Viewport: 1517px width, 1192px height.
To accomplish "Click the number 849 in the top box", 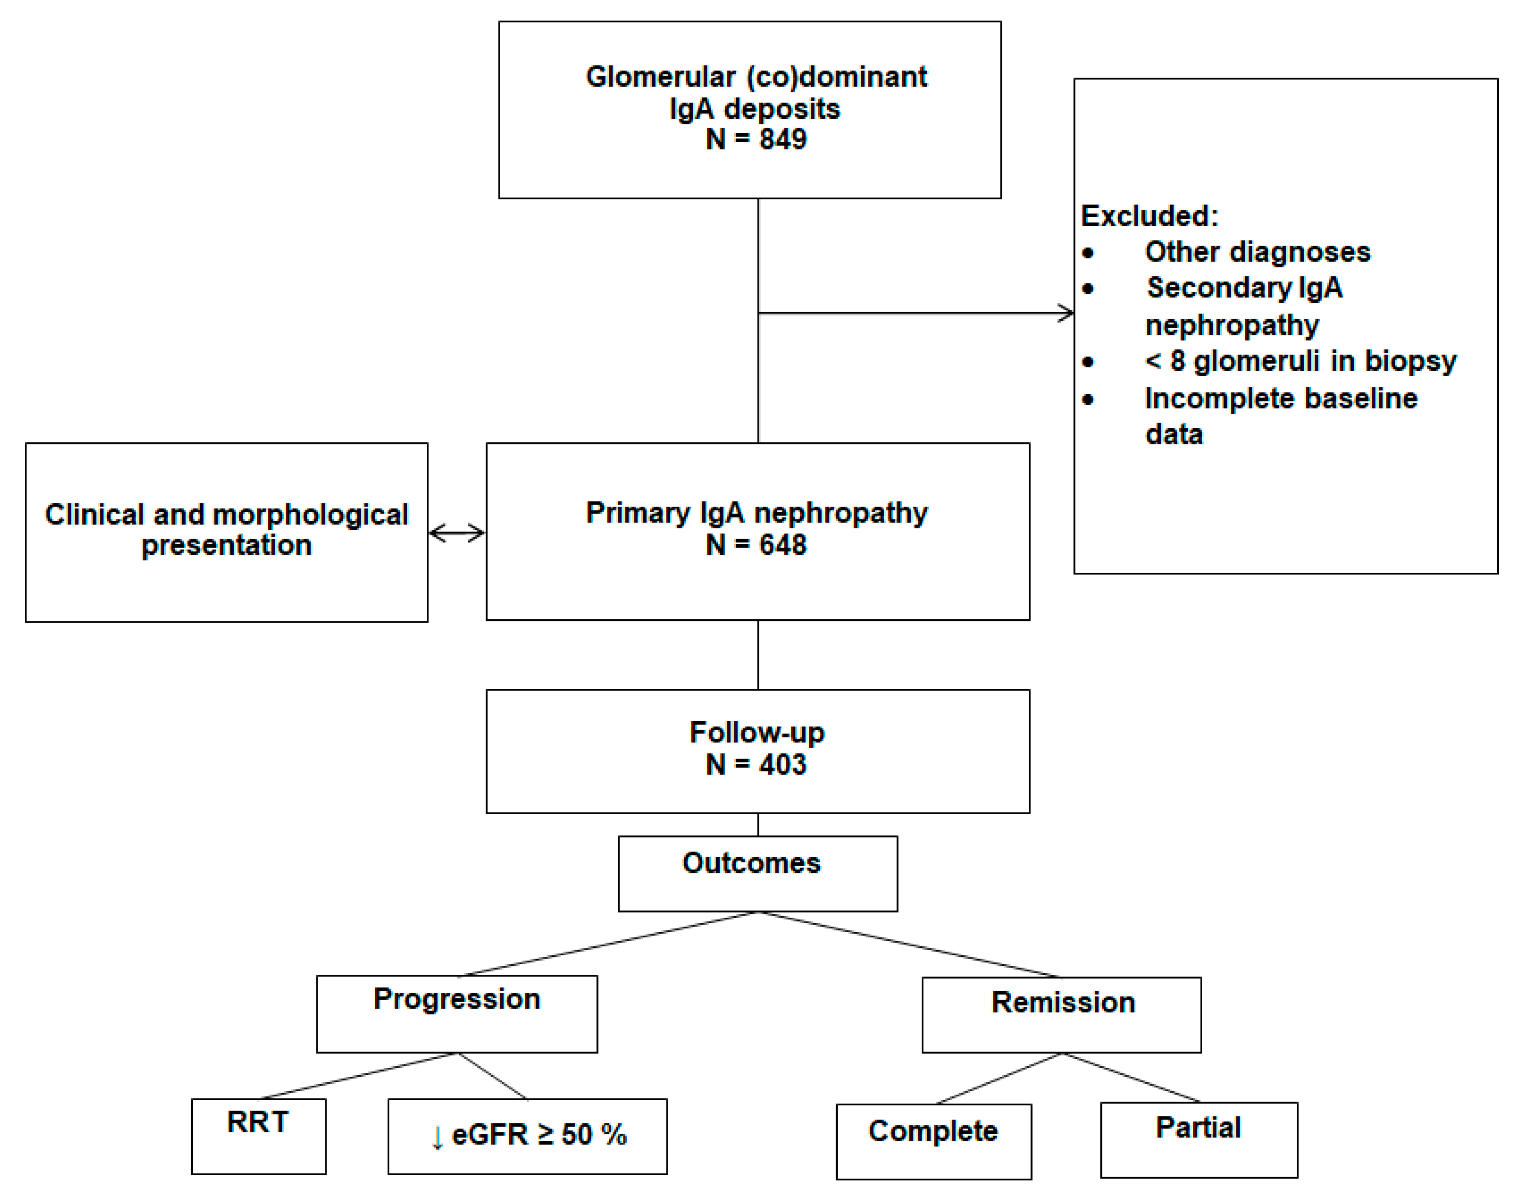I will pyautogui.click(x=783, y=139).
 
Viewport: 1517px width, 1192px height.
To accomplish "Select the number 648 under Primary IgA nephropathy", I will pyautogui.click(x=783, y=545).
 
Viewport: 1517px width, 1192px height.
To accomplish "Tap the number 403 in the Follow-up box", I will pyautogui.click(x=783, y=765).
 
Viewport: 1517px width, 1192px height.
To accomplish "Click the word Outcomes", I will pyautogui.click(x=751, y=863).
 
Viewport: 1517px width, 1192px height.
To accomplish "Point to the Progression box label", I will pyautogui.click(x=457, y=999).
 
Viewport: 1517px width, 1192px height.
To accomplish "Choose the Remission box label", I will pyautogui.click(x=1063, y=1002).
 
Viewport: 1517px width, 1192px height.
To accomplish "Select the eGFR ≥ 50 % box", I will pyautogui.click(x=528, y=1135).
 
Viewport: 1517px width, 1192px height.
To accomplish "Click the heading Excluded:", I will pyautogui.click(x=1149, y=216).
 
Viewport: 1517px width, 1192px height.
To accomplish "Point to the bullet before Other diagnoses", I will pyautogui.click(x=1088, y=253).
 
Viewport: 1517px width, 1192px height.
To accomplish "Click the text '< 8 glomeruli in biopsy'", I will pyautogui.click(x=1300, y=361).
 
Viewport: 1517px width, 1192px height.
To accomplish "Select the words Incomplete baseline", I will pyautogui.click(x=1280, y=398).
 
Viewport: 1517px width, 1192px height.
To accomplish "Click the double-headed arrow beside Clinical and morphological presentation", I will pyautogui.click(x=457, y=533).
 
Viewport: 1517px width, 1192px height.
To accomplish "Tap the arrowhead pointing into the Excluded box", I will pyautogui.click(x=1067, y=313).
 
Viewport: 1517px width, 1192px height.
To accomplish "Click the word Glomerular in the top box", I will pyautogui.click(x=660, y=77).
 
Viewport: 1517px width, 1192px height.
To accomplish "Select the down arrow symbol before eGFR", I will pyautogui.click(x=437, y=1138).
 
